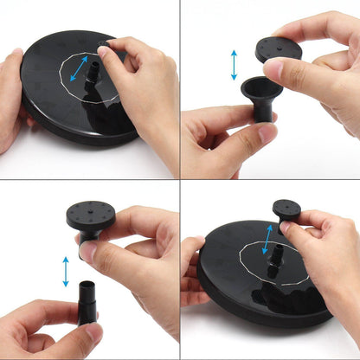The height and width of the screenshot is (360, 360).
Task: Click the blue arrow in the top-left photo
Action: click(79, 68)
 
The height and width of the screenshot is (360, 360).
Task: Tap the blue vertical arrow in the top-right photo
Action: click(234, 65)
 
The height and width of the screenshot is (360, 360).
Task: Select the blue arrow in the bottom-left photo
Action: click(66, 272)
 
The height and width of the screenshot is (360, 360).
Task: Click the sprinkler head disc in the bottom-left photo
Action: click(91, 214)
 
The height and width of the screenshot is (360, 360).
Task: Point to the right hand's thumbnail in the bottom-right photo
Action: click(285, 228)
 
